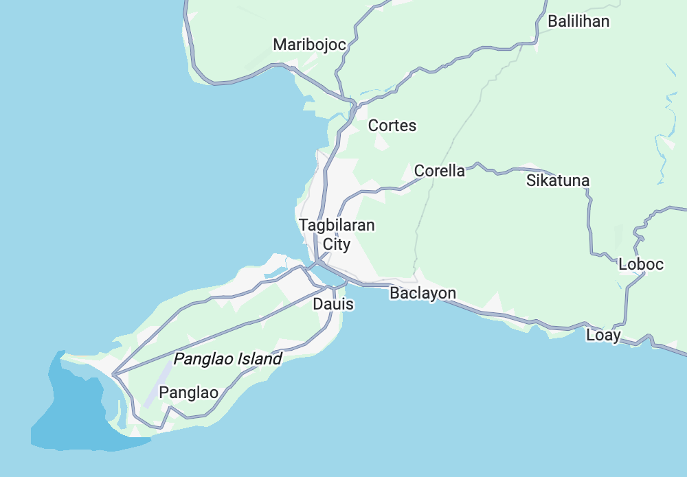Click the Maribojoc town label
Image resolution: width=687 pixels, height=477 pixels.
(x=309, y=45)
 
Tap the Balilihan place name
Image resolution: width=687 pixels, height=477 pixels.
(x=578, y=21)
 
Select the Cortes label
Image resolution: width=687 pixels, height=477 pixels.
(x=392, y=126)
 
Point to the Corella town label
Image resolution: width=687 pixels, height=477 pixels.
(x=439, y=171)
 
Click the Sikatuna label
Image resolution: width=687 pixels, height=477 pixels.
(x=558, y=181)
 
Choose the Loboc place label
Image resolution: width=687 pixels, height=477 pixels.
(x=641, y=264)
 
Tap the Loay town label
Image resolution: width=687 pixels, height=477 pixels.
(x=603, y=336)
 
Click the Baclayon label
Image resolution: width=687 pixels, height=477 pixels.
(x=423, y=293)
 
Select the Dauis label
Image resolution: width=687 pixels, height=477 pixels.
(x=333, y=303)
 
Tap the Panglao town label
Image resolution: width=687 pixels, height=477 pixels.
(x=188, y=393)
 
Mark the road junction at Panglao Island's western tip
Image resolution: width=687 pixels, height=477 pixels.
(x=114, y=374)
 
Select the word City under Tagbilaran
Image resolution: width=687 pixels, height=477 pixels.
(x=337, y=244)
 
